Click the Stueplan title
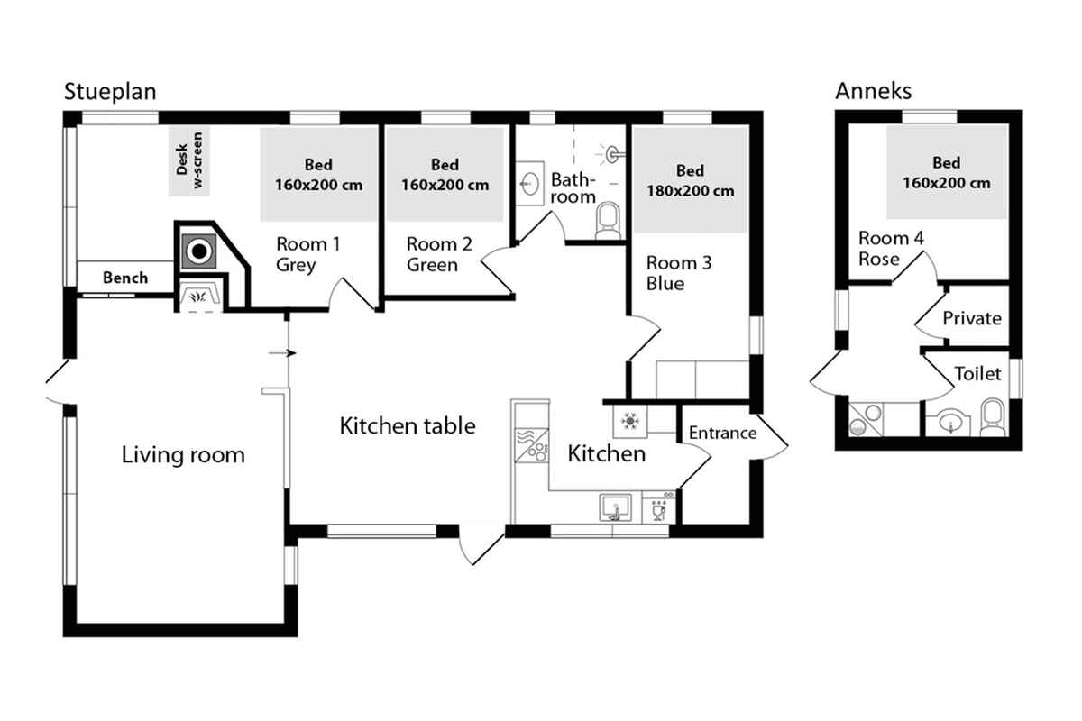[110, 92]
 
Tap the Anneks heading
[874, 91]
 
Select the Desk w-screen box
[188, 161]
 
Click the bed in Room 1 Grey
[319, 174]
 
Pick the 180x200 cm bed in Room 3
[691, 179]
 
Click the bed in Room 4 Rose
[946, 172]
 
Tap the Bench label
[125, 278]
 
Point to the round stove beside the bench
[199, 251]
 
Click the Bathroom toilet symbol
[608, 221]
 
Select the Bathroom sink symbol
[530, 184]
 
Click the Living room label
[183, 455]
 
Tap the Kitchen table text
[408, 426]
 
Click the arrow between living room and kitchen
[282, 353]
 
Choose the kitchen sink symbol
[615, 507]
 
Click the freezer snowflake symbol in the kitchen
[630, 421]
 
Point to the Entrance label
[722, 434]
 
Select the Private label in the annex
[972, 319]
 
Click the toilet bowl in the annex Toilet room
[993, 417]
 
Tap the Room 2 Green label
[439, 254]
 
